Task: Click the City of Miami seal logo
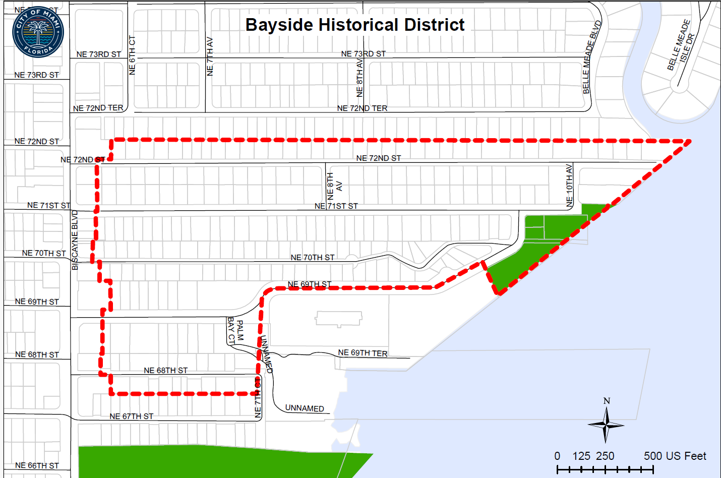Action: [x=38, y=32]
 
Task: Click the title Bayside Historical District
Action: [x=354, y=25]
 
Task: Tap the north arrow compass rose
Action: [x=607, y=424]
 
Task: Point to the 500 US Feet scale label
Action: [x=675, y=456]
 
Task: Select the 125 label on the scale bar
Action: [x=581, y=456]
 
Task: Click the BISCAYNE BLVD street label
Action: [x=75, y=240]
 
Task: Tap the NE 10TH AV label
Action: [x=569, y=186]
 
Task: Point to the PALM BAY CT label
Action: [x=235, y=331]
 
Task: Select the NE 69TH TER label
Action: [x=363, y=353]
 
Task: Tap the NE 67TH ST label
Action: [x=131, y=416]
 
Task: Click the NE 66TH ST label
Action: [x=37, y=465]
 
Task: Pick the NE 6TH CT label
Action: [x=132, y=55]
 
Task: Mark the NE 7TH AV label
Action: [x=210, y=56]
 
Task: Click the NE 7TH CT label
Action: [x=258, y=398]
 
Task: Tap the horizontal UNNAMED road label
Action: [x=305, y=408]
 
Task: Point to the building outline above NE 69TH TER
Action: [x=339, y=319]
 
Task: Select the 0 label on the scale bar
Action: [x=557, y=456]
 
